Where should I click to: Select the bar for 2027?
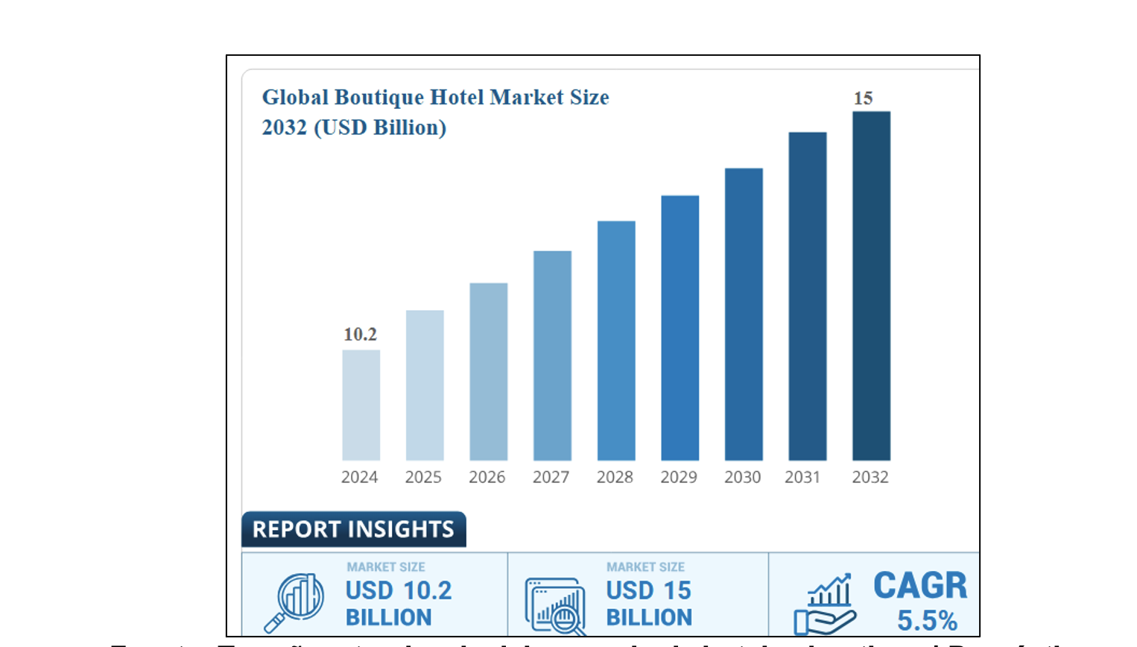(552, 356)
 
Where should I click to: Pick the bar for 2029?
(680, 328)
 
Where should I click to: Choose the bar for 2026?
(488, 371)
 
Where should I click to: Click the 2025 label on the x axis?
(423, 477)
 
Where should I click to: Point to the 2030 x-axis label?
(742, 477)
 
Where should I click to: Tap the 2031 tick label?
(802, 477)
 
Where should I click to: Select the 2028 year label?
(615, 477)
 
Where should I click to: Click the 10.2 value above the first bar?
(360, 335)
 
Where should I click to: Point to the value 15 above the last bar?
(863, 98)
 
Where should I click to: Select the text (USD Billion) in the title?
(380, 127)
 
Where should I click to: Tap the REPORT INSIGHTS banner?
(353, 529)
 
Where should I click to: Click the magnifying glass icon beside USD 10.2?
(294, 601)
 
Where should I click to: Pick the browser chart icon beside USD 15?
(554, 604)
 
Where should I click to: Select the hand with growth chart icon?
(826, 605)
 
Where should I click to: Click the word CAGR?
(920, 586)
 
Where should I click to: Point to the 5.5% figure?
(927, 620)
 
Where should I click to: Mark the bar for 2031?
(808, 296)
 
